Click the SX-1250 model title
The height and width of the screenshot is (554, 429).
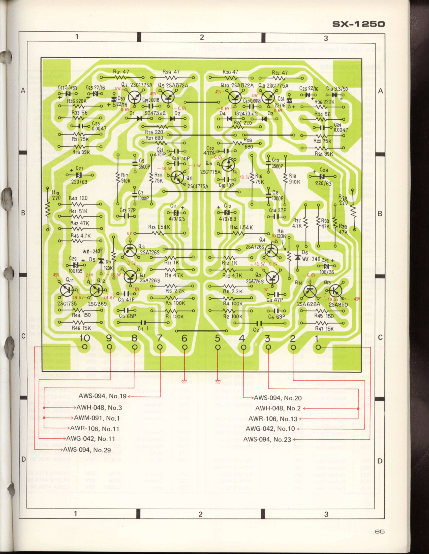click(358, 24)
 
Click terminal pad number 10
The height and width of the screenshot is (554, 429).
click(85, 347)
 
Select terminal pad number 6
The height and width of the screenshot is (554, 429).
click(185, 347)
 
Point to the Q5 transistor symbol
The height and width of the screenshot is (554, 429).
click(177, 177)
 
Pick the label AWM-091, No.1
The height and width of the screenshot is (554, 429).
click(97, 418)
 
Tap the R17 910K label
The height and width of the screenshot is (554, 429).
click(126, 178)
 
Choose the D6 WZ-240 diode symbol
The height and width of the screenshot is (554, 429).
click(297, 257)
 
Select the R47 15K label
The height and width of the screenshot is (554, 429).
click(324, 328)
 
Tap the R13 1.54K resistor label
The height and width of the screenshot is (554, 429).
click(159, 227)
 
